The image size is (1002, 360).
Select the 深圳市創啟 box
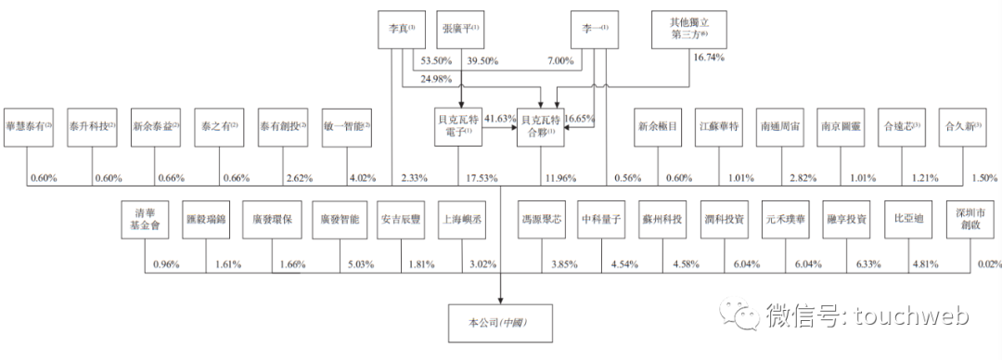pos(963,221)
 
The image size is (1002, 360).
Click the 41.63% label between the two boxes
pos(499,119)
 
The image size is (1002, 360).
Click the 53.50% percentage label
pos(435,61)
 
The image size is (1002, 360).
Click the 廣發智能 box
pos(336,220)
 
